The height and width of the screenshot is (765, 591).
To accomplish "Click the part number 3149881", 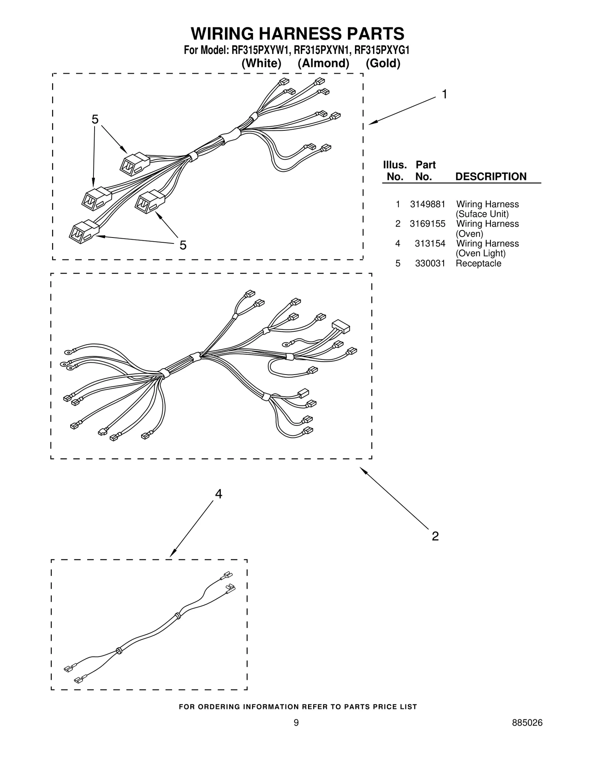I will pos(427,204).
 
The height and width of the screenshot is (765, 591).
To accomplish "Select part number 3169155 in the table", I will pos(427,224).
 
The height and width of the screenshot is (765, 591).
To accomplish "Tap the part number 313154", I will pos(430,243).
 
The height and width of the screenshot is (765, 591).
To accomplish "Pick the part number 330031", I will pos(430,263).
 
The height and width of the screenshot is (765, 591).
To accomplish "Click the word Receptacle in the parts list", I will pos(478,263).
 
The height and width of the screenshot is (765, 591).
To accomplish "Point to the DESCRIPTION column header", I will pos(491,177).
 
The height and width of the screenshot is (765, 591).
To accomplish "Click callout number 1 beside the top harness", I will pos(445,95).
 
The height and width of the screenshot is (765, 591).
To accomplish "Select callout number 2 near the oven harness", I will pos(435,536).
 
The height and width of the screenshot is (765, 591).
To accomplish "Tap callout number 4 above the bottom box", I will pos(219,494).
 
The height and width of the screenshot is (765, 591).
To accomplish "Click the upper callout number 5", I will pos(95,119).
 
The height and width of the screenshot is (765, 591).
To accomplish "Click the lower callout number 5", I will pos(183,245).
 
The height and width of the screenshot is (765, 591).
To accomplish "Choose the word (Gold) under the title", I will pos(383,64).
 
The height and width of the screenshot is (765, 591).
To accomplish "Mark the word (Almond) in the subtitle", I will pos(324,64).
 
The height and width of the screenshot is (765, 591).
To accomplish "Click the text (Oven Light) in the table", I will pos(481,253).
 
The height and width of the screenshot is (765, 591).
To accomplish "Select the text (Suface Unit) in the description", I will pos(482,214).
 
